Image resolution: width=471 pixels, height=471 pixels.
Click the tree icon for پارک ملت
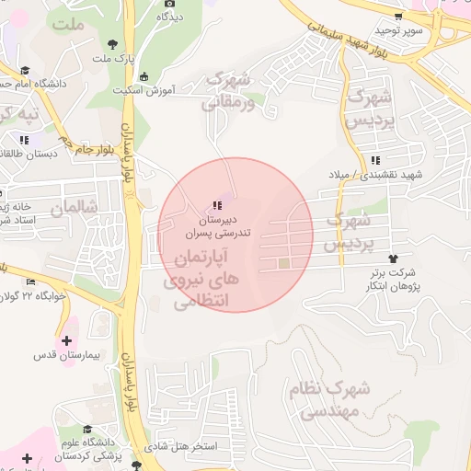112,43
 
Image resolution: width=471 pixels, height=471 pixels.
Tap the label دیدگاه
169,17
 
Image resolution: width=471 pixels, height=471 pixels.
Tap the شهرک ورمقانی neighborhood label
232,92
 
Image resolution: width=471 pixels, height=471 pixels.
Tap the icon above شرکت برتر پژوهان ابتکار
395,258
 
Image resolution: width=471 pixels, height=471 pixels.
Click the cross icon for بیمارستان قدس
65,340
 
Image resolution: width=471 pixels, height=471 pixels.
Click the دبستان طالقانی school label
29,154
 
